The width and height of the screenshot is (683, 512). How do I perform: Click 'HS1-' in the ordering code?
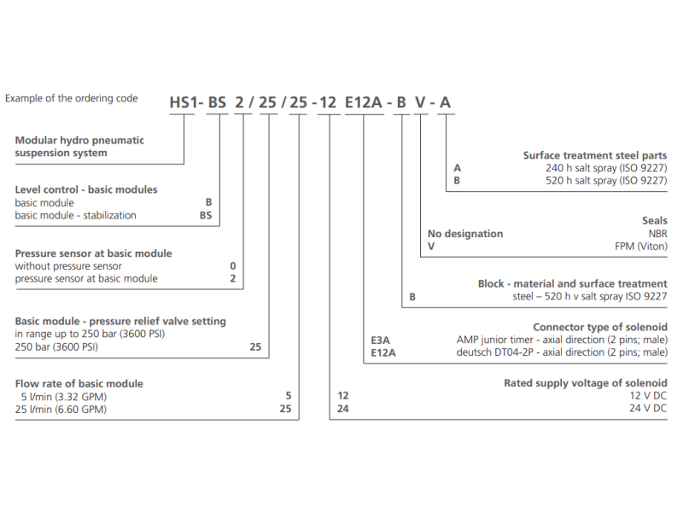pos(186,104)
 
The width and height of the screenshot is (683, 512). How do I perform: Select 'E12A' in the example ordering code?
pos(365,104)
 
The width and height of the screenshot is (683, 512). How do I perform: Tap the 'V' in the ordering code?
pos(420,104)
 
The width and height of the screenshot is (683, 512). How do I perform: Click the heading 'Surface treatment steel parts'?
pos(595,155)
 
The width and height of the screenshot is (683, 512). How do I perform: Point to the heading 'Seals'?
pos(654,221)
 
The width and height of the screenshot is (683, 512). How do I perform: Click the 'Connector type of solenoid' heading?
pos(600,327)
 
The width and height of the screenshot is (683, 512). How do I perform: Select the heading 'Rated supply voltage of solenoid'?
pos(586,383)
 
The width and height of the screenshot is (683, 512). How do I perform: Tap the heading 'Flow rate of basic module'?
pos(79,383)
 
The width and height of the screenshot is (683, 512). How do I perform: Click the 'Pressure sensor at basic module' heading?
pos(94,253)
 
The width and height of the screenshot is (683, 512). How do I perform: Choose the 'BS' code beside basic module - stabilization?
pos(206,215)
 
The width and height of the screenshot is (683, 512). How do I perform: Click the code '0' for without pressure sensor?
pos(233,266)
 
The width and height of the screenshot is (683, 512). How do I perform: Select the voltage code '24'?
pos(343,409)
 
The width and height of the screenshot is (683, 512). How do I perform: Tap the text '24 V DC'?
pos(646,409)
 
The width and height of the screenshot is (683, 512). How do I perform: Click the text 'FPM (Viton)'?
pos(640,246)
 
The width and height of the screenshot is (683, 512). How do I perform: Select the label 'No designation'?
pos(465,234)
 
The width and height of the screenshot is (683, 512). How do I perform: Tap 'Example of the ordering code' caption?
pos(72,98)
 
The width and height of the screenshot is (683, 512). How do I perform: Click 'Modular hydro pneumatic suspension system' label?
pos(79,147)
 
